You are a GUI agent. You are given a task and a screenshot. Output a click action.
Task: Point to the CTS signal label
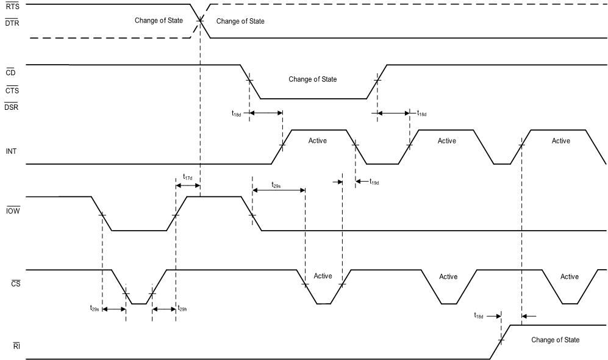click(12, 91)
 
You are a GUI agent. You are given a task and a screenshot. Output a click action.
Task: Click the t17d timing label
click(187, 178)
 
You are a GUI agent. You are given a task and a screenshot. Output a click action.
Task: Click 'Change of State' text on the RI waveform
click(555, 340)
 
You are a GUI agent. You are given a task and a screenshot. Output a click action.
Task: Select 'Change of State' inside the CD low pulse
click(312, 79)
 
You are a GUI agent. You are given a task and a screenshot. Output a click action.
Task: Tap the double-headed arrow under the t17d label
click(188, 185)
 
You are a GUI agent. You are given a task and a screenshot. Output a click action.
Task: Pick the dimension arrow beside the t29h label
click(164, 310)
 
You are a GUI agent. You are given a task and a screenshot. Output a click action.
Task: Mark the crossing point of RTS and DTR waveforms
click(200, 21)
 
